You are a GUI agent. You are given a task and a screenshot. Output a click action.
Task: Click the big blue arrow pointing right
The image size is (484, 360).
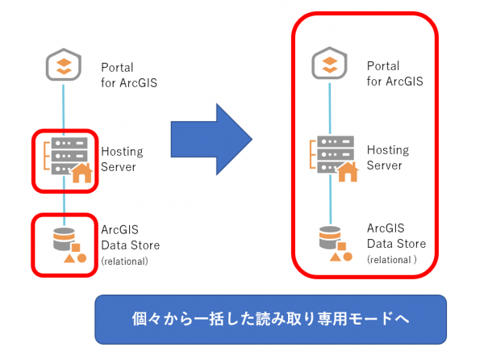click(211, 140)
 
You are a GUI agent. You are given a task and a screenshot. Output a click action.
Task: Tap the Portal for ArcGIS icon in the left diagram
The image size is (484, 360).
click(64, 65)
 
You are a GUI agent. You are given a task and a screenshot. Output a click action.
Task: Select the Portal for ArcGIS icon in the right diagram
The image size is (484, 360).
click(329, 63)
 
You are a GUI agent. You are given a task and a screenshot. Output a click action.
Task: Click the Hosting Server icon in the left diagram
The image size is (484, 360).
click(68, 160)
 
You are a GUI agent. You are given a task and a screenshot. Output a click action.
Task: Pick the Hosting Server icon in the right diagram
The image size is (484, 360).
click(334, 158)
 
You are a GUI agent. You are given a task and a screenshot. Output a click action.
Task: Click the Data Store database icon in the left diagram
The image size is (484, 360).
click(69, 245)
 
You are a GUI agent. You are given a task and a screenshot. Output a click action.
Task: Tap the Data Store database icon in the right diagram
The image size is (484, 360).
click(336, 244)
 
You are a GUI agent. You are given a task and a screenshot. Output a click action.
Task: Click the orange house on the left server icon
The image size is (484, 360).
click(81, 173)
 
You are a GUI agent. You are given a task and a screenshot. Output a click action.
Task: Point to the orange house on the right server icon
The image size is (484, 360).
click(348, 171)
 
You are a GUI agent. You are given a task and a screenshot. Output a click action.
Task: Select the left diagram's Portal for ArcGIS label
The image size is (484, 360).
click(129, 75)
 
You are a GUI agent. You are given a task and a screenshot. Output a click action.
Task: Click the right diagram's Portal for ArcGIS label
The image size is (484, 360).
click(394, 73)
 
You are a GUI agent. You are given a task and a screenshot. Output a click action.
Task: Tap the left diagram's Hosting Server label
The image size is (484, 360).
click(122, 159)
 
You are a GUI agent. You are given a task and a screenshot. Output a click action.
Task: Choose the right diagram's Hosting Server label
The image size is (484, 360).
click(388, 157)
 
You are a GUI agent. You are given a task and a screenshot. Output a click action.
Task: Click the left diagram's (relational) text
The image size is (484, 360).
click(125, 262)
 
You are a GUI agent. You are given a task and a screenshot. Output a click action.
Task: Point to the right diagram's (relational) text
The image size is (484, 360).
click(392, 260)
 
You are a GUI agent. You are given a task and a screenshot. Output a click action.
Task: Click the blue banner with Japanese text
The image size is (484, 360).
click(271, 320)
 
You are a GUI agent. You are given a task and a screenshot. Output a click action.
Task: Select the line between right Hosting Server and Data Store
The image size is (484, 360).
click(330, 199)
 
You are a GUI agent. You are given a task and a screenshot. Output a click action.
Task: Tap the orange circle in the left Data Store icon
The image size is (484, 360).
click(81, 258)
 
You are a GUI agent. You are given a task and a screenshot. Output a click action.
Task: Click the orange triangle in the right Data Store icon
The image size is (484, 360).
click(336, 257)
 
